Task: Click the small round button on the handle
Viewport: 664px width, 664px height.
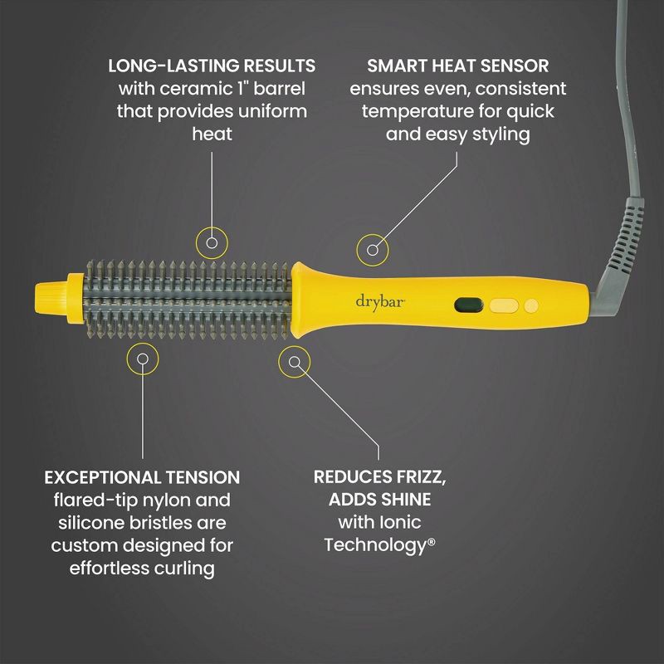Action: click(x=531, y=305)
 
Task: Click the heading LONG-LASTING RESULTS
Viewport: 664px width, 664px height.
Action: click(x=212, y=65)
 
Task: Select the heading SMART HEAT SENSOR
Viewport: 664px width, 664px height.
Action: click(x=457, y=65)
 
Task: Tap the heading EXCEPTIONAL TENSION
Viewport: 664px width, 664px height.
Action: click(x=142, y=477)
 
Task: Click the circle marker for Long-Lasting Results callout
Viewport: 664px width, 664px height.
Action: click(x=212, y=242)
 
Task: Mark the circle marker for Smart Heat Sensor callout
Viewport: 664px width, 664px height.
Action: click(x=373, y=247)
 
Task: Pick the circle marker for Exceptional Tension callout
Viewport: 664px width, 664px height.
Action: click(x=142, y=359)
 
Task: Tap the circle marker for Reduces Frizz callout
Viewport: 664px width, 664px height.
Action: click(x=295, y=360)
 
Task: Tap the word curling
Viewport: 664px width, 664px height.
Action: click(x=183, y=568)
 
